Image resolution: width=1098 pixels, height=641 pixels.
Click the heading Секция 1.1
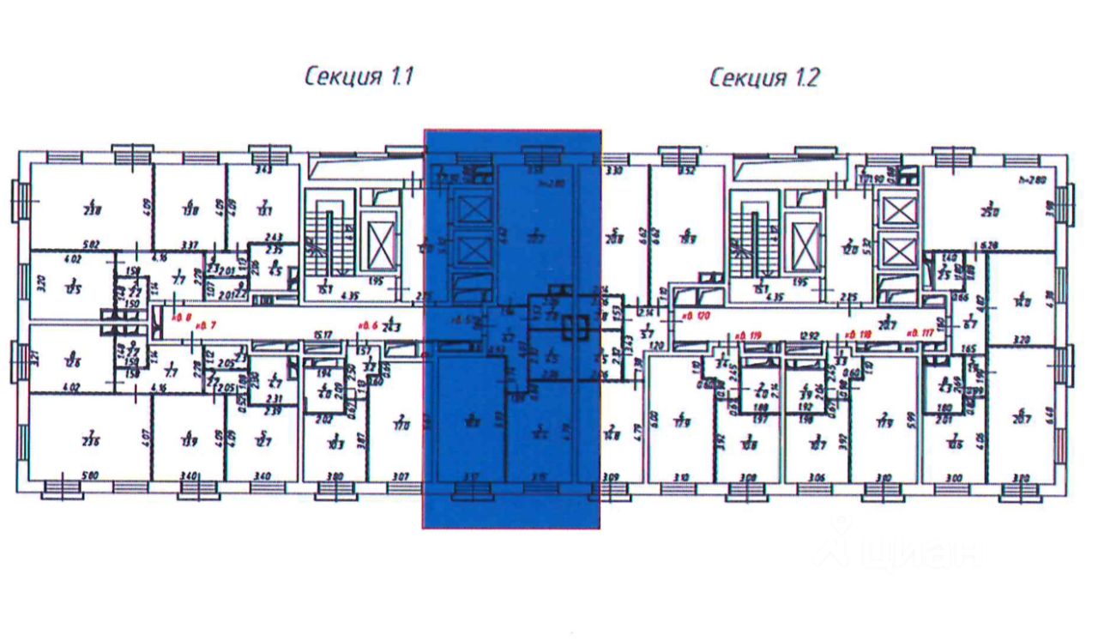[359, 77]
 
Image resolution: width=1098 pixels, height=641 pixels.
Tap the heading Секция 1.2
[764, 77]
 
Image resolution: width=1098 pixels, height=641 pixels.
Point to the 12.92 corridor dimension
[807, 335]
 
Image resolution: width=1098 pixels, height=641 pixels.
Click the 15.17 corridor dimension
[323, 335]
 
